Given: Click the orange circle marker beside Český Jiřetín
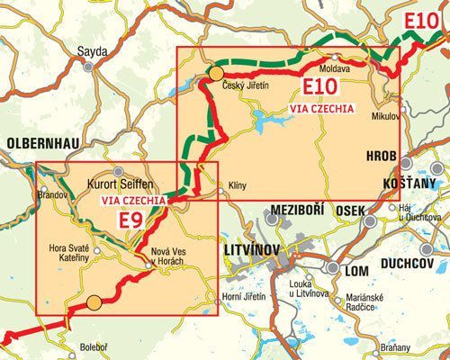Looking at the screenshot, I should [x=217, y=74].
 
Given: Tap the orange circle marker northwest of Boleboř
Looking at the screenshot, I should [x=94, y=303].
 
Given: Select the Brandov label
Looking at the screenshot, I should [x=54, y=193].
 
